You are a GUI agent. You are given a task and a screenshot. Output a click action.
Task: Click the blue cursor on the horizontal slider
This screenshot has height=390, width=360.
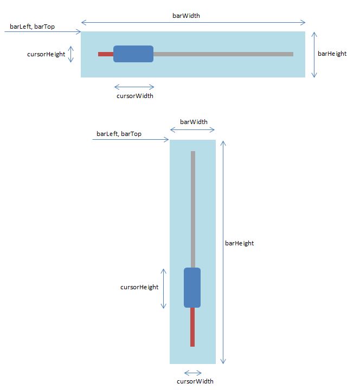coord(133,54)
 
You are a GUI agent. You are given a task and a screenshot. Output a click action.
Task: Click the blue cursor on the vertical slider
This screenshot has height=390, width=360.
coord(192,288)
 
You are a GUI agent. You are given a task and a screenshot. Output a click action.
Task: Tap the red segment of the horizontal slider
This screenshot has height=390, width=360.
coord(106,54)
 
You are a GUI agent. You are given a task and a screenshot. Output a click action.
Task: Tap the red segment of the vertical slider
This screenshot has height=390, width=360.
coord(192,327)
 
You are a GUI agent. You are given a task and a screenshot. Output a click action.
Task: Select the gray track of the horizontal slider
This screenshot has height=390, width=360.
coord(223,54)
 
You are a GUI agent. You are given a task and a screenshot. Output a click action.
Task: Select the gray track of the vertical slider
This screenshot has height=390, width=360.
coord(193,210)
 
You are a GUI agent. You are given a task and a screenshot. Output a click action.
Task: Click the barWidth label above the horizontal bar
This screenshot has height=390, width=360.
coord(186,16)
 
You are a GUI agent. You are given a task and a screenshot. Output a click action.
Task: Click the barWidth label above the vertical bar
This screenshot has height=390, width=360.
coord(194,122)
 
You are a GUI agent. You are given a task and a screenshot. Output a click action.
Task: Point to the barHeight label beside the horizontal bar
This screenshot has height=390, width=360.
coord(332,54)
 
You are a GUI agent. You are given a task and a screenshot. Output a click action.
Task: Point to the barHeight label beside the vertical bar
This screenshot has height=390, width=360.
coord(239,243)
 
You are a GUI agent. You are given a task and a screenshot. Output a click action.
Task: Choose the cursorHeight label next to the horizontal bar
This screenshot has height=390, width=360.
coord(46,54)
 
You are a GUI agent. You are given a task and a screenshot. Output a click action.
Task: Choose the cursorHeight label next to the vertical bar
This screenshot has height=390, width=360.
coord(139,287)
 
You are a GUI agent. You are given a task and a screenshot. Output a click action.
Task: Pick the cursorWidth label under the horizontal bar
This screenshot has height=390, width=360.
coord(135,96)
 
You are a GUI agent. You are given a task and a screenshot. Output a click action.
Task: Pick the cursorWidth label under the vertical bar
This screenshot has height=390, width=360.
coord(195,381)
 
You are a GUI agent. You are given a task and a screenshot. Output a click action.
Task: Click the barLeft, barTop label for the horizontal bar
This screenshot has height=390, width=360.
coord(32,27)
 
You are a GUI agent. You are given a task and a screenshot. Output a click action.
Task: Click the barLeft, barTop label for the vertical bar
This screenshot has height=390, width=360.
coord(119,134)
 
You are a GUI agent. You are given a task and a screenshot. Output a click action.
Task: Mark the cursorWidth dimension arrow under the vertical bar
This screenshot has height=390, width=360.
coord(192,373)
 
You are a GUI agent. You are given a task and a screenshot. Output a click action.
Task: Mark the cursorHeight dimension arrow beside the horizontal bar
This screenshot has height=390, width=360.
coord(71,54)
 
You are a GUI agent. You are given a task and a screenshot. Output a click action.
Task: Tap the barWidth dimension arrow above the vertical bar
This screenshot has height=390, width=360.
coord(192,129)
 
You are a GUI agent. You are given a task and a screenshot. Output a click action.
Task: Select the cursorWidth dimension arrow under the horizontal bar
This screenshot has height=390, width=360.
coord(134,87)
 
